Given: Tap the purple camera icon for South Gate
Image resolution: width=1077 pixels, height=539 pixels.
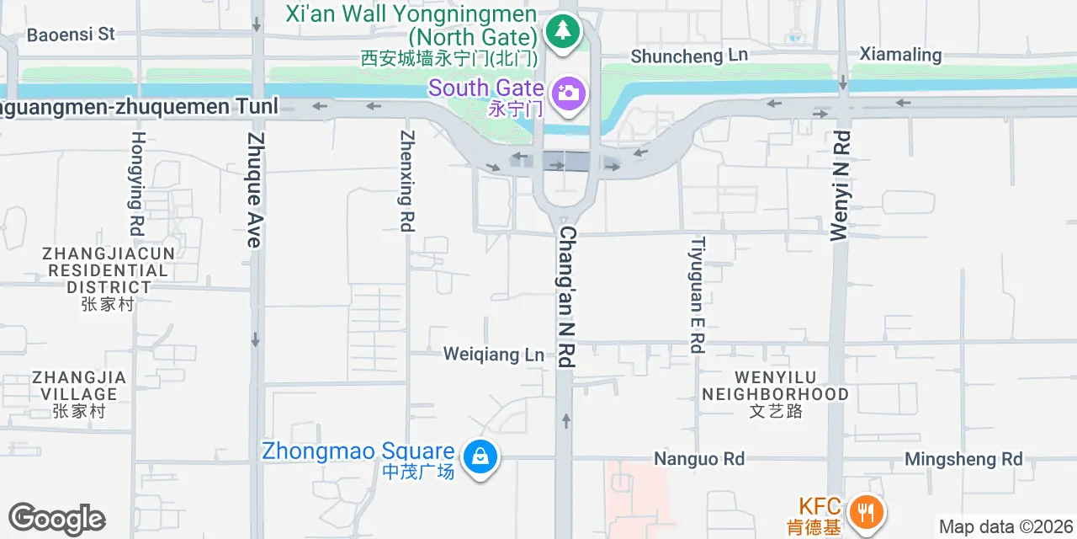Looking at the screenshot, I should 569,92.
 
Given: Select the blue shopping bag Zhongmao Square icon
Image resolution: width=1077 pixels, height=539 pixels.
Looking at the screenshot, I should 480,457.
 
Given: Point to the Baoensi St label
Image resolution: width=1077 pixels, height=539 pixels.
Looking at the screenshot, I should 71,35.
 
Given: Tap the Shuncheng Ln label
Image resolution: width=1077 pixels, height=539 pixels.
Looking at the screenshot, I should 689,56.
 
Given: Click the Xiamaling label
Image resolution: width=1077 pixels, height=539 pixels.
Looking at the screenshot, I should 900,55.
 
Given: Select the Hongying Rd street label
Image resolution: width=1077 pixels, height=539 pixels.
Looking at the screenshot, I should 137,183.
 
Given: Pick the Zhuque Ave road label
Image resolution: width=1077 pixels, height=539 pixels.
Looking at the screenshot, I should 255,189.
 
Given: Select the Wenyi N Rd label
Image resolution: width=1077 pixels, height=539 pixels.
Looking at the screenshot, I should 840,186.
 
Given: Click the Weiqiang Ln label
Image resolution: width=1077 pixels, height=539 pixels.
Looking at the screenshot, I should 494,355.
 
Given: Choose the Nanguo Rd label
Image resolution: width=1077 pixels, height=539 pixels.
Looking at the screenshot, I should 699,459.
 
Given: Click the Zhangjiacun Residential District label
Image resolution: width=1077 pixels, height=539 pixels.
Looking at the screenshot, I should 109,269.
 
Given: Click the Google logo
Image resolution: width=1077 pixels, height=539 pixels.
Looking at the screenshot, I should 57,520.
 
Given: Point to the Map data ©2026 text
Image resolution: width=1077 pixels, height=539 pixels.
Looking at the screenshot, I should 1005,527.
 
